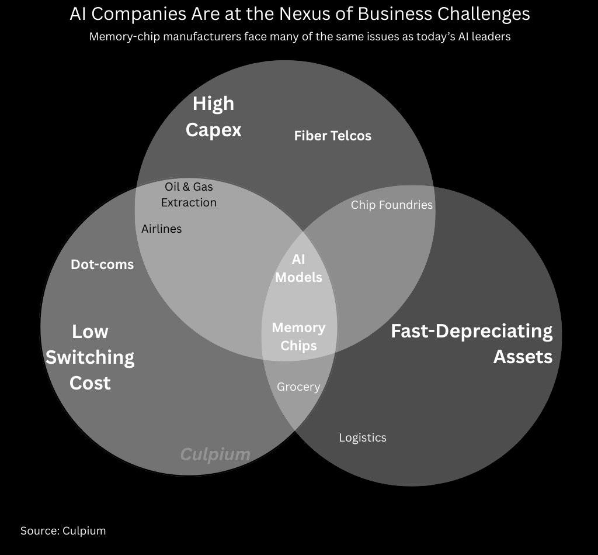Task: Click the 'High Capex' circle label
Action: click(213, 116)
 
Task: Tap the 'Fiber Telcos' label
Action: click(332, 136)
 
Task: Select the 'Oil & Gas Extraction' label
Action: click(189, 195)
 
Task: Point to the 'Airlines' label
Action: click(162, 229)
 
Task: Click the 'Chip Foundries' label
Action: click(391, 205)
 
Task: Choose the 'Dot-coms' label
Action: click(102, 264)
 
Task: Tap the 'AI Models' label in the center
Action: click(298, 268)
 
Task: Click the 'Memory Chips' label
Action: click(298, 336)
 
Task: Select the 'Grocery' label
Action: click(298, 387)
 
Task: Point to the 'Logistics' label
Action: click(363, 437)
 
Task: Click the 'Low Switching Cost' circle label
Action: click(90, 357)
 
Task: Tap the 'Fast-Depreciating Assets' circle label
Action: click(472, 343)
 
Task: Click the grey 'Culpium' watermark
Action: click(215, 454)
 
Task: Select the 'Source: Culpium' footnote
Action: click(63, 530)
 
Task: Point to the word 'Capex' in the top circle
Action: click(213, 129)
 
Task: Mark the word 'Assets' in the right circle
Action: click(523, 356)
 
